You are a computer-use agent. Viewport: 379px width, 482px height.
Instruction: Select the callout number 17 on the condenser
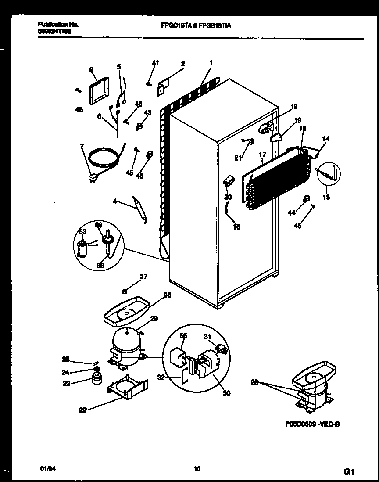pyautogui.click(x=262, y=155)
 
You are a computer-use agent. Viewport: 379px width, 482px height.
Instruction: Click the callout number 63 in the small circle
pyautogui.click(x=82, y=231)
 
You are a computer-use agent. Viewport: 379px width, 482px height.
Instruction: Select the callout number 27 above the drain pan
pyautogui.click(x=143, y=277)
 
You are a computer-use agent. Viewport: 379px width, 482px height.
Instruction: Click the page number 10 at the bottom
pyautogui.click(x=197, y=469)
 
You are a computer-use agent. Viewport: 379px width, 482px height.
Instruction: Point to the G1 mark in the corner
pyautogui.click(x=349, y=472)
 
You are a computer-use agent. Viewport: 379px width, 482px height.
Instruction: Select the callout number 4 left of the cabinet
pyautogui.click(x=114, y=202)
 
